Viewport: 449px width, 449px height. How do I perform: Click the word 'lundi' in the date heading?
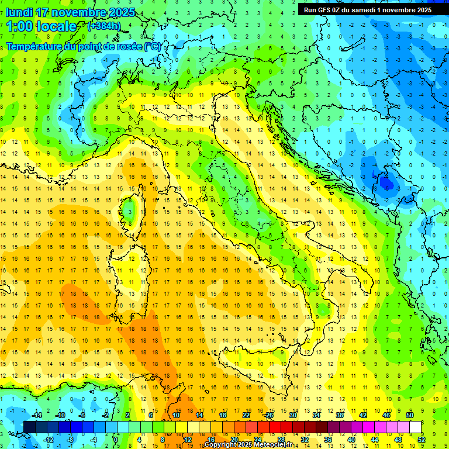(x=19, y=12)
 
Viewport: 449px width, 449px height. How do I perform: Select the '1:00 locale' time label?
(x=41, y=26)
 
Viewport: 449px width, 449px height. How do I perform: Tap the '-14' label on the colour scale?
(x=37, y=415)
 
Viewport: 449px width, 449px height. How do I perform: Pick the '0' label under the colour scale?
(x=116, y=440)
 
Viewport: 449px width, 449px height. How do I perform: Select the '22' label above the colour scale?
(x=247, y=415)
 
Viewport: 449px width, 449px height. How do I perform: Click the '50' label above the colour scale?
(x=409, y=415)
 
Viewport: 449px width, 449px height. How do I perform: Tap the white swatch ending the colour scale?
(x=416, y=427)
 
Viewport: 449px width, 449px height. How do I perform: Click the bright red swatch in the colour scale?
(x=275, y=427)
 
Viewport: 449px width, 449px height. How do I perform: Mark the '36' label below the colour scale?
(x=327, y=440)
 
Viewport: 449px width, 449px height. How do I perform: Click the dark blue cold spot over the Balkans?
(x=386, y=184)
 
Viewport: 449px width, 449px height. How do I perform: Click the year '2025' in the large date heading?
(x=122, y=12)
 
